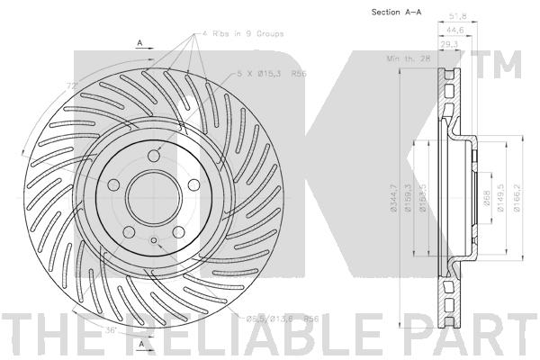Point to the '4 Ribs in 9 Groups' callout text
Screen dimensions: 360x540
coord(241,33)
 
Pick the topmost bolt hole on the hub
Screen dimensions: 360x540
coord(153,157)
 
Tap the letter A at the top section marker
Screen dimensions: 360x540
coord(140,42)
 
